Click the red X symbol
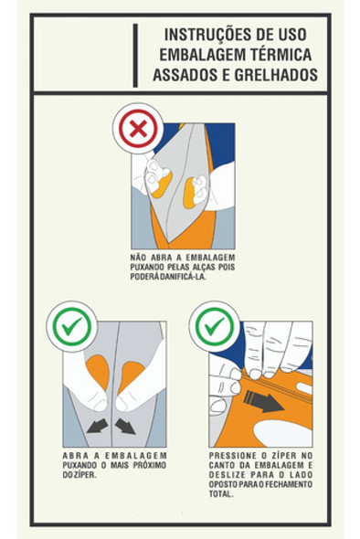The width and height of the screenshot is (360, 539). pyautogui.click(x=138, y=129)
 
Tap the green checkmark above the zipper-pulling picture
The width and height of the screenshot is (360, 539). pyautogui.click(x=72, y=326)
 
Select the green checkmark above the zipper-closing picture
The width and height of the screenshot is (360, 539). pyautogui.click(x=216, y=326)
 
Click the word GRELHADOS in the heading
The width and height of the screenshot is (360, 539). pyautogui.click(x=276, y=75)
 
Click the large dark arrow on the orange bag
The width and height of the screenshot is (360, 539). pyautogui.click(x=263, y=402)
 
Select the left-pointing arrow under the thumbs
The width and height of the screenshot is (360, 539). pyautogui.click(x=97, y=427)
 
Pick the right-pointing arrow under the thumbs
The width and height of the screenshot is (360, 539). pyautogui.click(x=125, y=427)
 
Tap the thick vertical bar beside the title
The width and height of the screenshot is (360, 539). pyautogui.click(x=135, y=56)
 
